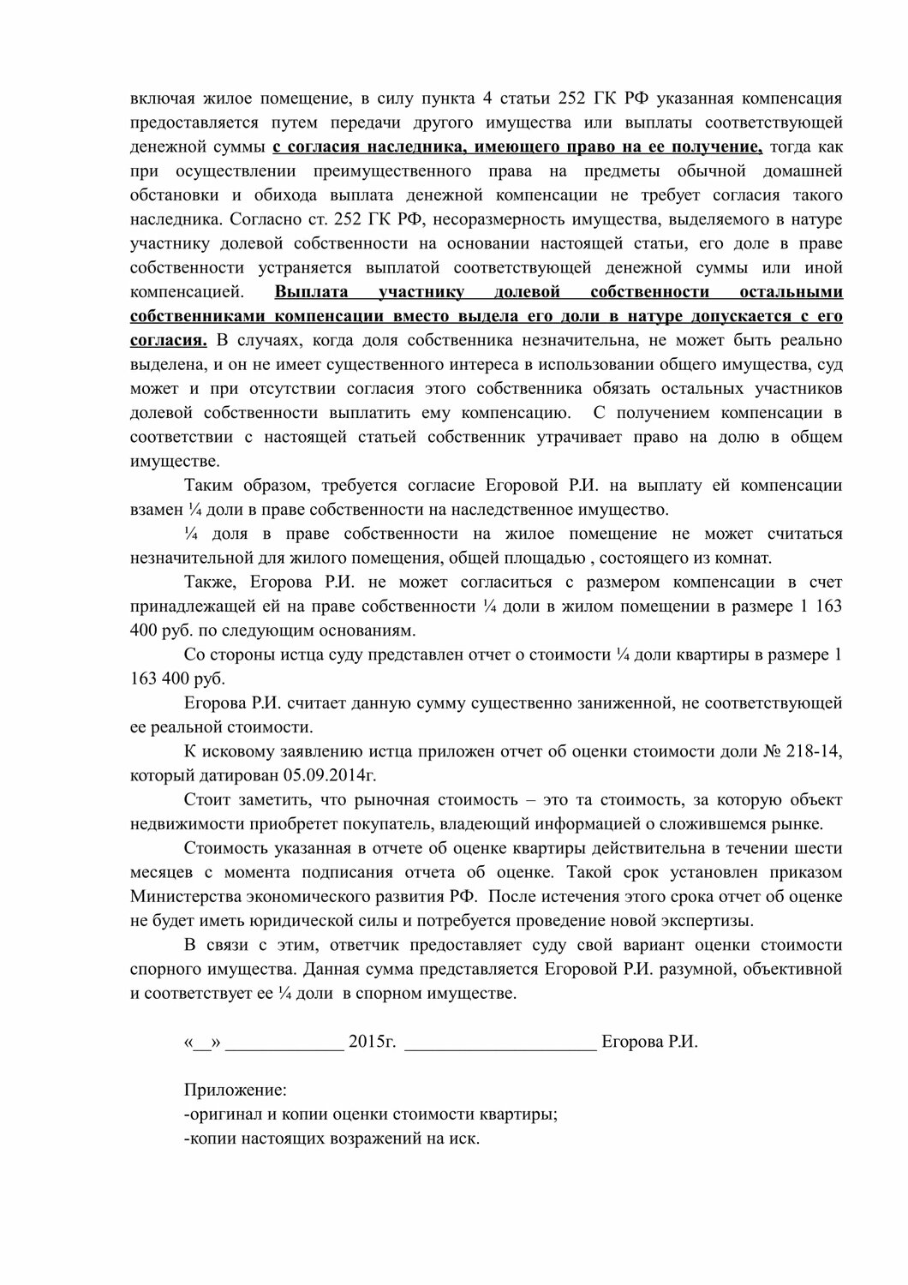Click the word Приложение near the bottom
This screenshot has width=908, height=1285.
pos(236,1091)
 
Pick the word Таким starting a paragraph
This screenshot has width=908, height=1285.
pos(208,486)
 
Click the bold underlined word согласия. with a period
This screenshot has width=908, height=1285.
pos(168,340)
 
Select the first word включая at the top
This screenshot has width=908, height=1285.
pos(159,97)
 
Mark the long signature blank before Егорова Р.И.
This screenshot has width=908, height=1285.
pos(499,1043)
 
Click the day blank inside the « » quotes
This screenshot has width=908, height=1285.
pos(202,1043)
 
